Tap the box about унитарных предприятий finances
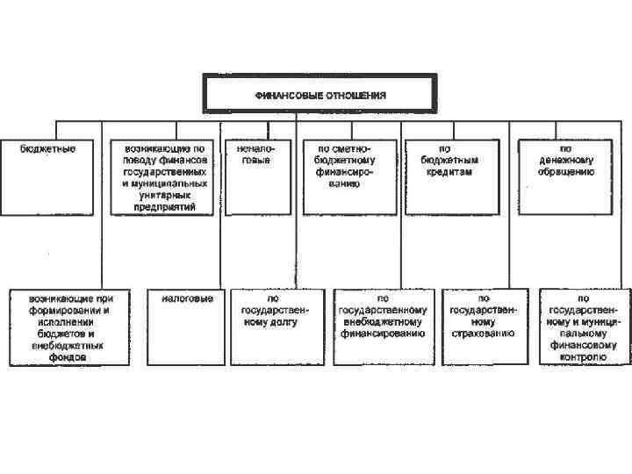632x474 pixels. click(165, 176)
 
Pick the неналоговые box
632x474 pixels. click(255, 176)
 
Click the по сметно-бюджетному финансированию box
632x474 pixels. click(349, 176)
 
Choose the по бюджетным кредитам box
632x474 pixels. click(446, 176)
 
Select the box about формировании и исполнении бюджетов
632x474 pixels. click(68, 327)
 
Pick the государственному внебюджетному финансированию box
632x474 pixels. click(383, 327)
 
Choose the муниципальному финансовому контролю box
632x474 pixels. click(584, 327)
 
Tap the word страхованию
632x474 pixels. click(483, 334)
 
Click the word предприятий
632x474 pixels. click(165, 207)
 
